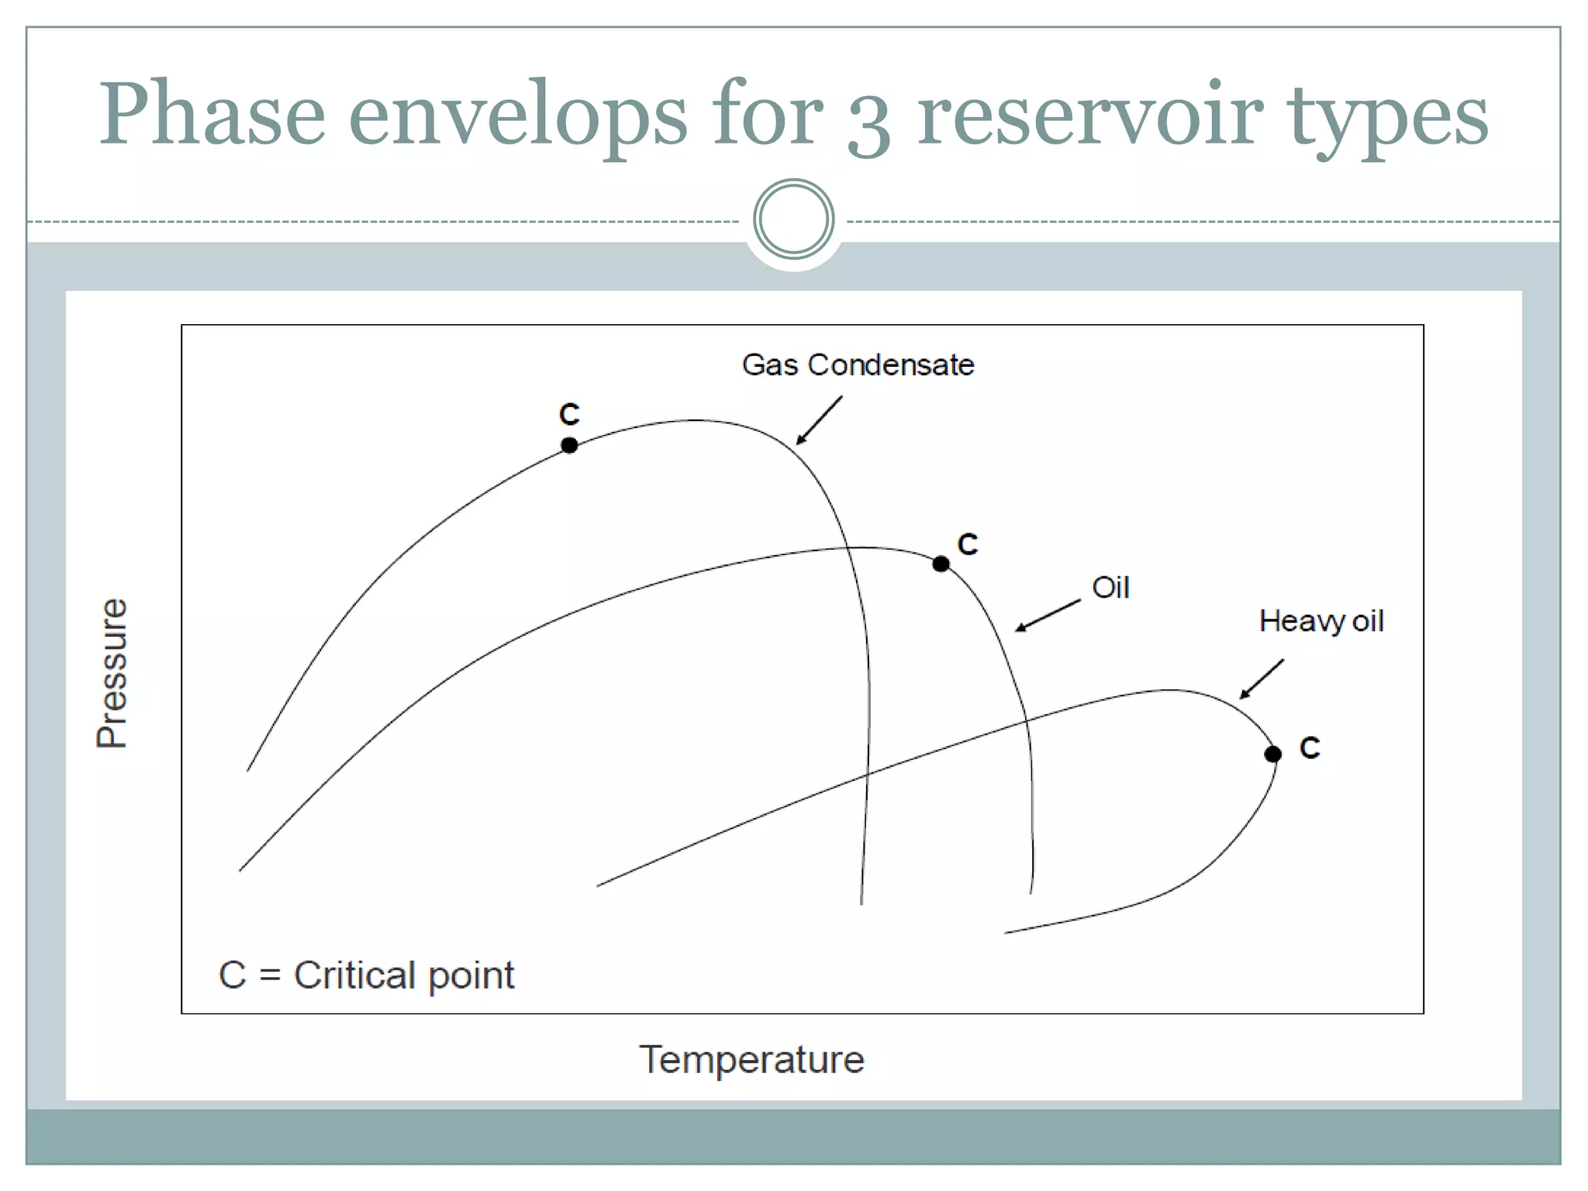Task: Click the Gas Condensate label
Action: click(858, 364)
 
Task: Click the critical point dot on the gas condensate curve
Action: click(569, 445)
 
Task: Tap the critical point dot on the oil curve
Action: click(941, 564)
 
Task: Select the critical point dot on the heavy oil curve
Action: click(1272, 754)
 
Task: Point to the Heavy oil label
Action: click(1320, 621)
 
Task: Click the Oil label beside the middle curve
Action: click(1110, 588)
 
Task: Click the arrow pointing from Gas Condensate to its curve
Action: click(820, 420)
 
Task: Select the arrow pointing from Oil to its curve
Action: click(1048, 616)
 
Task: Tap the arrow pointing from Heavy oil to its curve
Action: click(1262, 679)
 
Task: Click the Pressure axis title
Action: click(112, 672)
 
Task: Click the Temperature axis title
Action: click(751, 1060)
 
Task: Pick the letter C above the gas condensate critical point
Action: click(569, 415)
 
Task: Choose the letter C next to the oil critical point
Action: click(968, 544)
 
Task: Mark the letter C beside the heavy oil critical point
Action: click(1310, 748)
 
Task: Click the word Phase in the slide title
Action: click(212, 115)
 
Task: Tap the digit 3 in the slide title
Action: click(868, 124)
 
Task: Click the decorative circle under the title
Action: click(793, 219)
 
